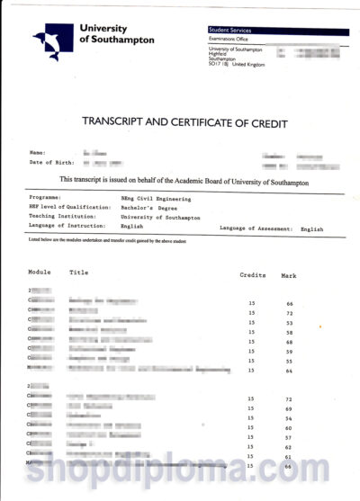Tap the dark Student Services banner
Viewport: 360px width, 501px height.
pos(278,31)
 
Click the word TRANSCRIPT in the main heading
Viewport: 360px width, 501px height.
pos(121,121)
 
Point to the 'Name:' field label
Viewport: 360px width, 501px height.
pos(37,153)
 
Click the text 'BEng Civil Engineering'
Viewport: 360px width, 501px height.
pos(156,197)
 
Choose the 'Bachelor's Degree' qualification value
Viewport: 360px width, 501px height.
pos(150,208)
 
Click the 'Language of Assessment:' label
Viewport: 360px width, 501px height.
pos(256,229)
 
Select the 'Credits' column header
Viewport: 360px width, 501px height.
pos(253,273)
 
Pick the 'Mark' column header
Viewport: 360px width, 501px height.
pos(289,273)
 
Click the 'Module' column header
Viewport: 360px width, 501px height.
pos(40,272)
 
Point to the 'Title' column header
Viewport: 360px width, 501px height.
pos(79,272)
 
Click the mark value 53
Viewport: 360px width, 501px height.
pos(290,322)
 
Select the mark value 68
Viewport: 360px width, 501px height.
pos(290,342)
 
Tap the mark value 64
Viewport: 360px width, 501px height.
pos(290,371)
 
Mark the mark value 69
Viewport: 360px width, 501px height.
pos(290,409)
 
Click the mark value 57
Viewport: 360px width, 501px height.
pos(290,437)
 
